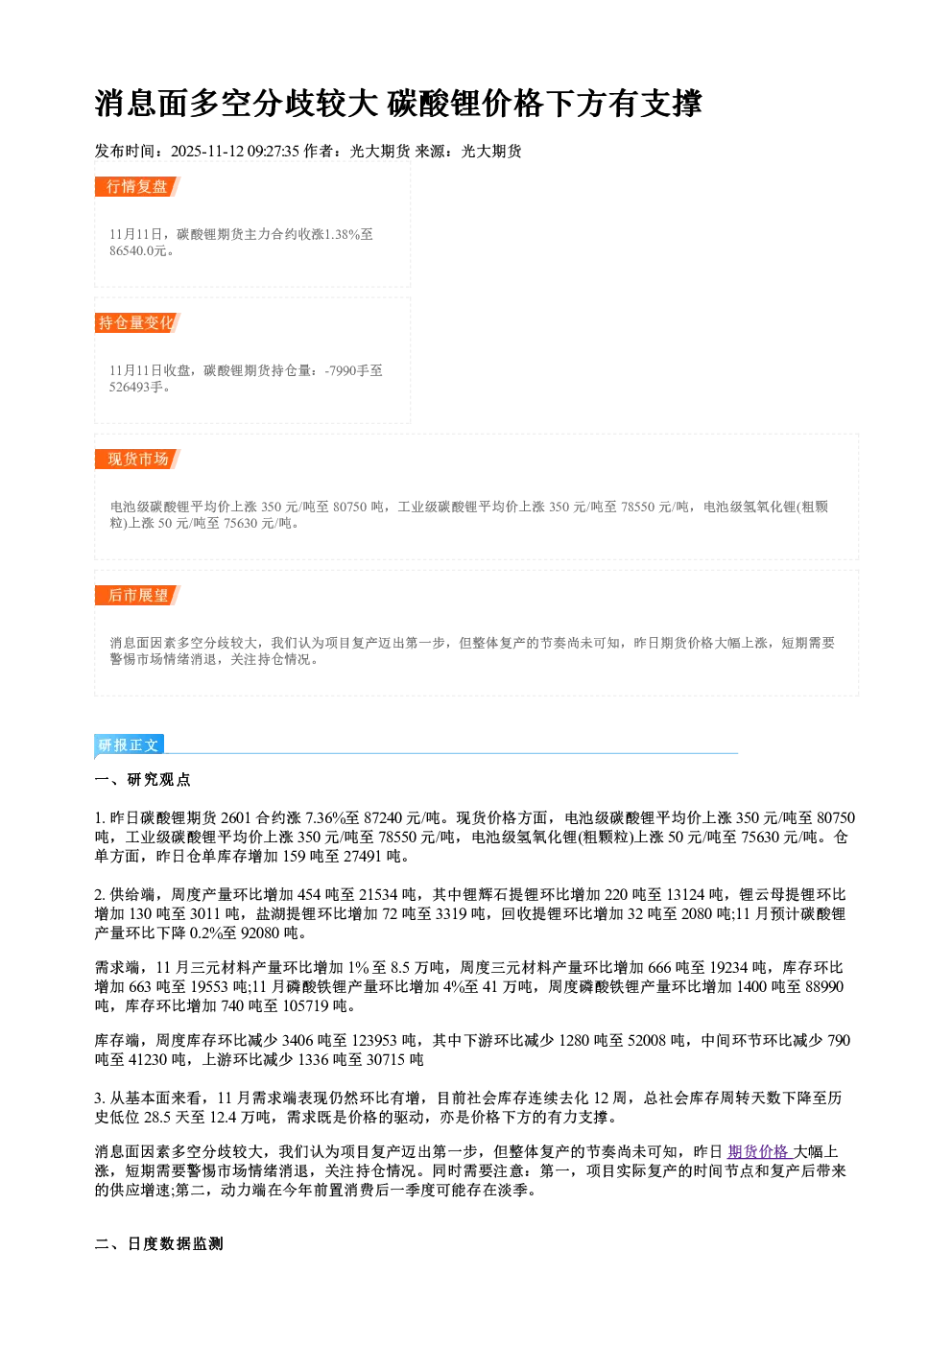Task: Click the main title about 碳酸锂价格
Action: tap(398, 103)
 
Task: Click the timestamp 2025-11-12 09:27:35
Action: tap(235, 151)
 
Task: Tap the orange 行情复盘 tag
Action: tap(137, 186)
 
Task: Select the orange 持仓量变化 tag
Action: tap(137, 322)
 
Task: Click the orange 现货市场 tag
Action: tap(137, 460)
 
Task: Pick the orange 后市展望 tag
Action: tap(137, 596)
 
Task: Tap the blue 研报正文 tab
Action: tap(129, 745)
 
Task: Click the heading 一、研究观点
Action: tap(142, 779)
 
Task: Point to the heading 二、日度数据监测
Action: tap(158, 1243)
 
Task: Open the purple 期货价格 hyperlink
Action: tap(758, 1151)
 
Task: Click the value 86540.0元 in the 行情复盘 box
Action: tap(137, 250)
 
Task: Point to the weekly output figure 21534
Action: tap(378, 895)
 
